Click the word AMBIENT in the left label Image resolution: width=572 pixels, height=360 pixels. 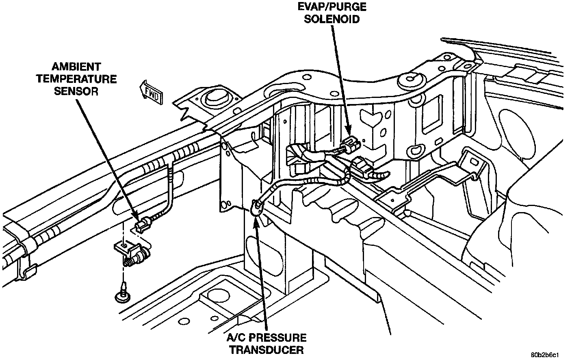click(76, 66)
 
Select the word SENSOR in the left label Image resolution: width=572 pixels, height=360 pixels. click(76, 91)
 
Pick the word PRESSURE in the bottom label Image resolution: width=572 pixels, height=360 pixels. click(282, 338)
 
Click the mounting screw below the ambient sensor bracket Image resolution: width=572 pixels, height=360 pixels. click(121, 296)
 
